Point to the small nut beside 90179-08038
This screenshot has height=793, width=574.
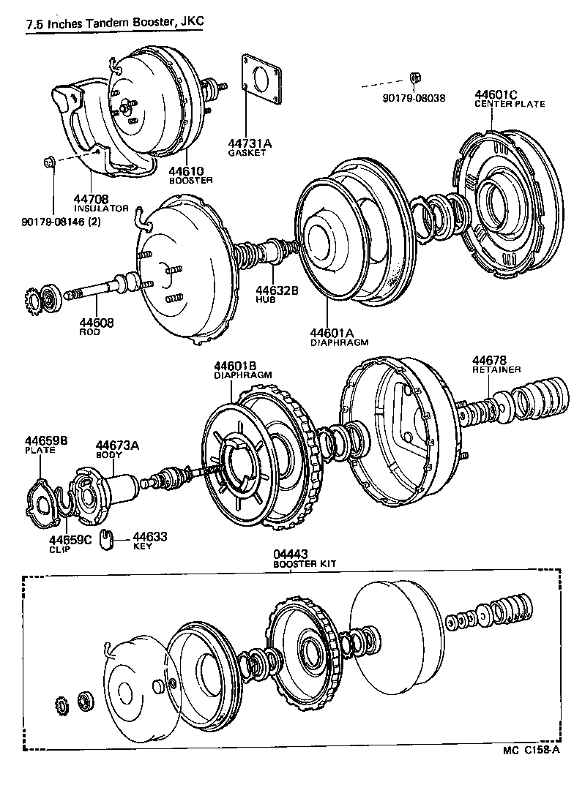pyautogui.click(x=414, y=77)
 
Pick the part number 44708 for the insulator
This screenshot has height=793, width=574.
pyautogui.click(x=91, y=198)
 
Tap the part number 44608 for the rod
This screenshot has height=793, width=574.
pyautogui.click(x=97, y=322)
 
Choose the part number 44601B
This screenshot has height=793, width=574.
pyautogui.click(x=235, y=366)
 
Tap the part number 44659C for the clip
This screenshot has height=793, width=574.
pyautogui.click(x=71, y=540)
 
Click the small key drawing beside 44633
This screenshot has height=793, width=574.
pyautogui.click(x=107, y=538)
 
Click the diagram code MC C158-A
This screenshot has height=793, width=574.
pyautogui.click(x=531, y=749)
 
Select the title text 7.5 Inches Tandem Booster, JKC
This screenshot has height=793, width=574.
pyautogui.click(x=114, y=24)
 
